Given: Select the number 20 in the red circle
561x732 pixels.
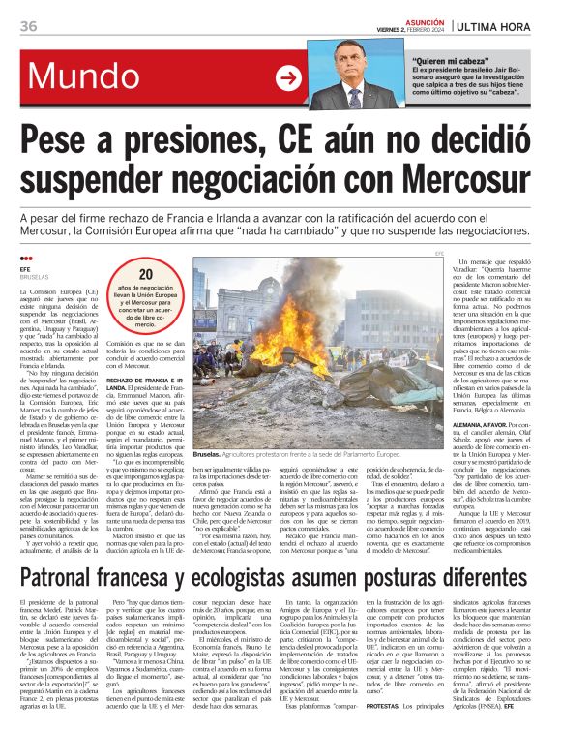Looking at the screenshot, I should pyautogui.click(x=145, y=275).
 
